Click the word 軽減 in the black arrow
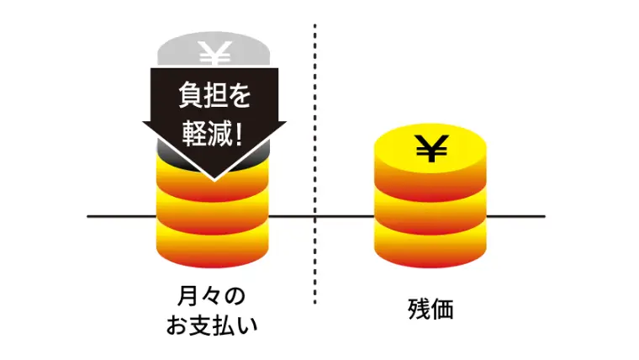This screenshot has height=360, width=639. click(x=204, y=132)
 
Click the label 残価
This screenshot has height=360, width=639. click(x=430, y=310)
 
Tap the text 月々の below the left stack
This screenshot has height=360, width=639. click(x=214, y=296)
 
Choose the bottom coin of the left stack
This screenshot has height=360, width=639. click(x=214, y=244)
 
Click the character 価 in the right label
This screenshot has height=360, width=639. click(x=442, y=310)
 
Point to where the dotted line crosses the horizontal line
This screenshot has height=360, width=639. click(x=315, y=217)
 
